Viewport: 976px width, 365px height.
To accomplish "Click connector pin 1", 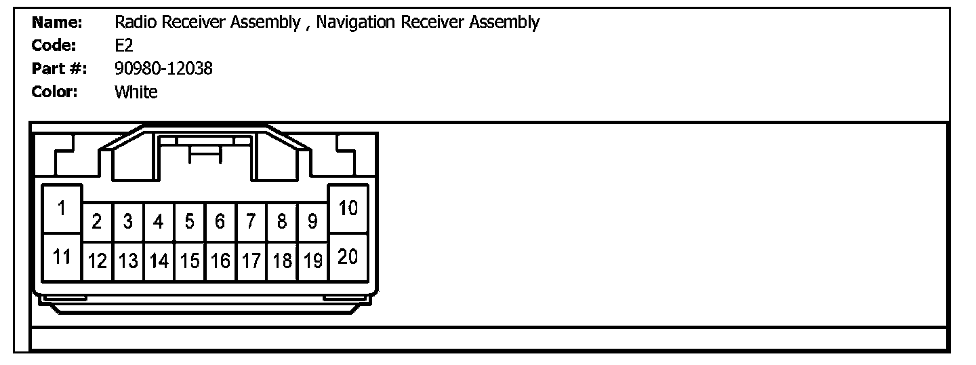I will coord(62,209).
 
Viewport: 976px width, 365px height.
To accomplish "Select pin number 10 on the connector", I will coord(348,208).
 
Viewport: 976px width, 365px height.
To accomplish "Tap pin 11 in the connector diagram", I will coord(62,257).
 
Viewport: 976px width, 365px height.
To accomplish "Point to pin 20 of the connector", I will coord(348,257).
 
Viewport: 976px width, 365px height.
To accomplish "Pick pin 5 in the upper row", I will coord(190,222).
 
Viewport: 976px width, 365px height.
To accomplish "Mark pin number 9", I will coord(312,222).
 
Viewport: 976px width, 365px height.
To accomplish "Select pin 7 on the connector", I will coord(251,222).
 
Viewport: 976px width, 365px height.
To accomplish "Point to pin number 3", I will coord(128,222).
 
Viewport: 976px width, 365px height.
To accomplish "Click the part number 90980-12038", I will coord(163,69).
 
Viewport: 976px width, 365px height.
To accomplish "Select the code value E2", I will coord(124,45).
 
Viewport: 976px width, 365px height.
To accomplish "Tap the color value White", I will coord(136,92).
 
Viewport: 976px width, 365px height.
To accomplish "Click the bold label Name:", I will coord(58,22).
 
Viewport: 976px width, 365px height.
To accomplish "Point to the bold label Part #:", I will coord(60,69).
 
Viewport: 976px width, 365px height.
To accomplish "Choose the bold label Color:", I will coord(56,92).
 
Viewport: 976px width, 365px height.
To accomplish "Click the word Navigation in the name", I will coord(356,23).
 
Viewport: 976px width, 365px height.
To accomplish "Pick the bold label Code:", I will coord(54,45).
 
